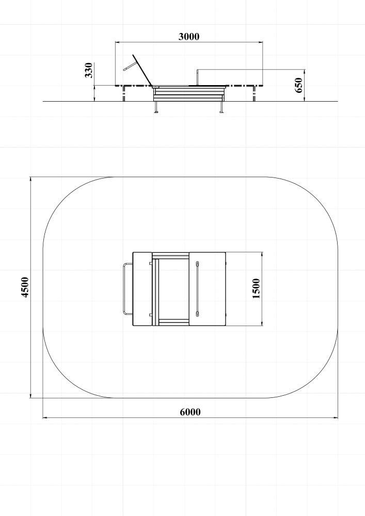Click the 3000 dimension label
point(189,37)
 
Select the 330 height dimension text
point(89,70)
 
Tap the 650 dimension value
point(298,85)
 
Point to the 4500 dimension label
point(25,287)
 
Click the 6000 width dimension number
point(190,412)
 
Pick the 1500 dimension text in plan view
point(257,288)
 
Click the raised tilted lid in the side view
point(142,70)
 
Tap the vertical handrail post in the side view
point(197,77)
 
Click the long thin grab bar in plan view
point(197,289)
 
